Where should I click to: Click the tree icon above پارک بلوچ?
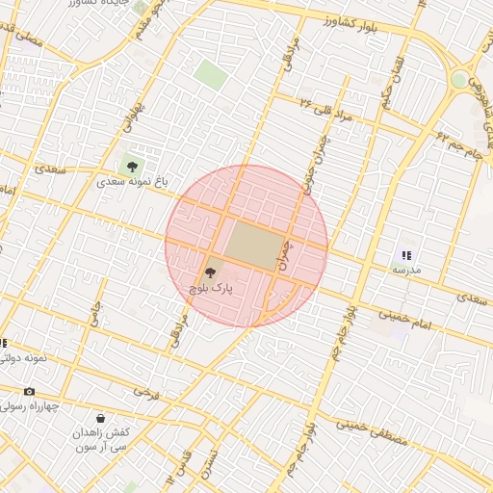pyautogui.click(x=212, y=273)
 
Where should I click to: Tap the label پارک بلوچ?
pyautogui.click(x=211, y=287)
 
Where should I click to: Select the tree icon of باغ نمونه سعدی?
pyautogui.click(x=131, y=167)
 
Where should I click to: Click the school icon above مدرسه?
pyautogui.click(x=405, y=255)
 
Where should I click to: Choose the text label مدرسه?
pyautogui.click(x=405, y=270)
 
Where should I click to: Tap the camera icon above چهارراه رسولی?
pyautogui.click(x=29, y=391)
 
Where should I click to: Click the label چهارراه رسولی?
pyautogui.click(x=31, y=405)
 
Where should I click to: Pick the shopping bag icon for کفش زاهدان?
pyautogui.click(x=100, y=419)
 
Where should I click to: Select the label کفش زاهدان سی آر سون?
pyautogui.click(x=106, y=440)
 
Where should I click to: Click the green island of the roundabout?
pyautogui.click(x=460, y=80)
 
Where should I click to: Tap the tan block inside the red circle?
pyautogui.click(x=252, y=246)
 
